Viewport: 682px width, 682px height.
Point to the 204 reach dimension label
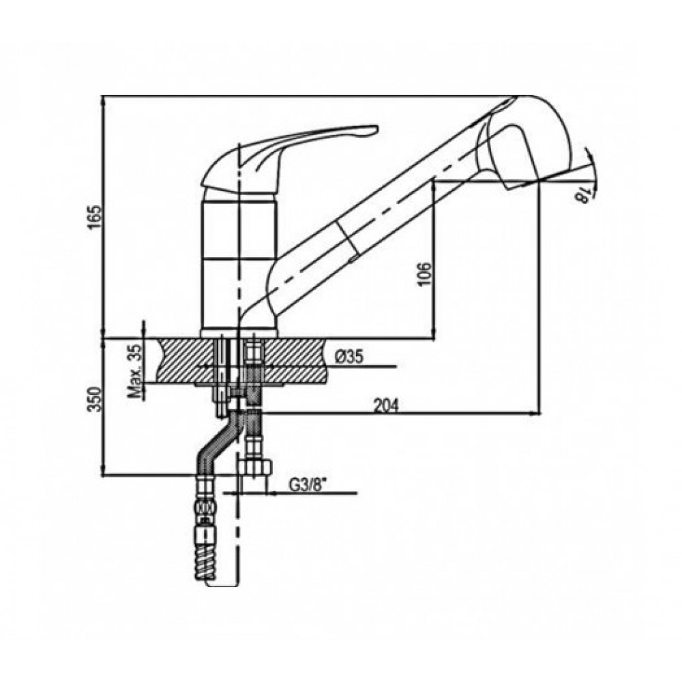(387, 405)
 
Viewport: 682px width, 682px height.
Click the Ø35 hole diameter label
(349, 356)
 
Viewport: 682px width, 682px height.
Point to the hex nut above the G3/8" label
(256, 469)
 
